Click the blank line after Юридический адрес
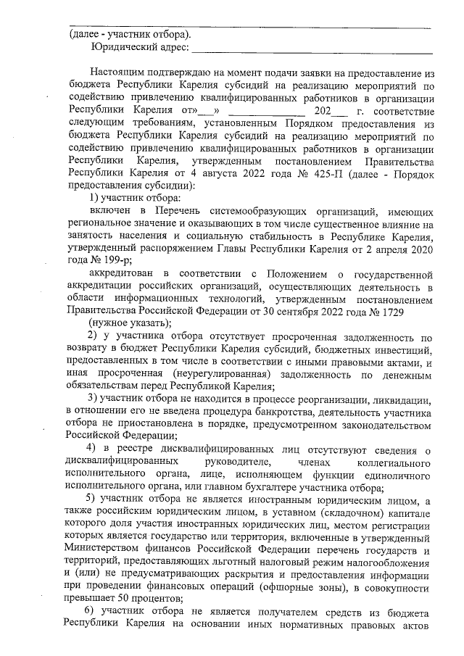312,49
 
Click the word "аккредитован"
121,273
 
